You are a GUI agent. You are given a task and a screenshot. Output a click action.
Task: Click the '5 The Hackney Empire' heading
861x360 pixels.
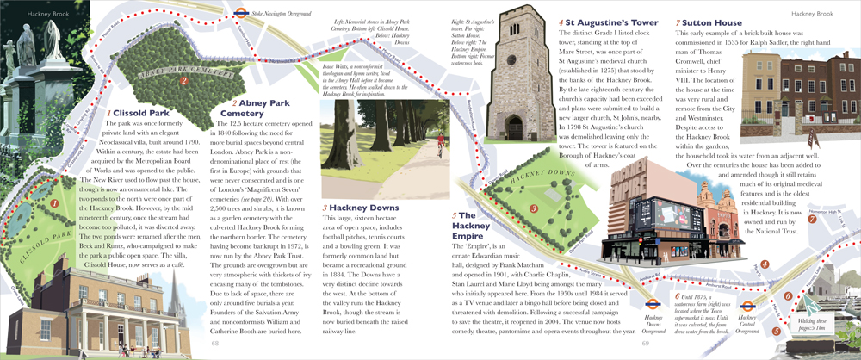[475, 221]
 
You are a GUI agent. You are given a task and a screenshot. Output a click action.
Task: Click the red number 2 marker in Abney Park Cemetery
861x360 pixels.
[183, 81]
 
